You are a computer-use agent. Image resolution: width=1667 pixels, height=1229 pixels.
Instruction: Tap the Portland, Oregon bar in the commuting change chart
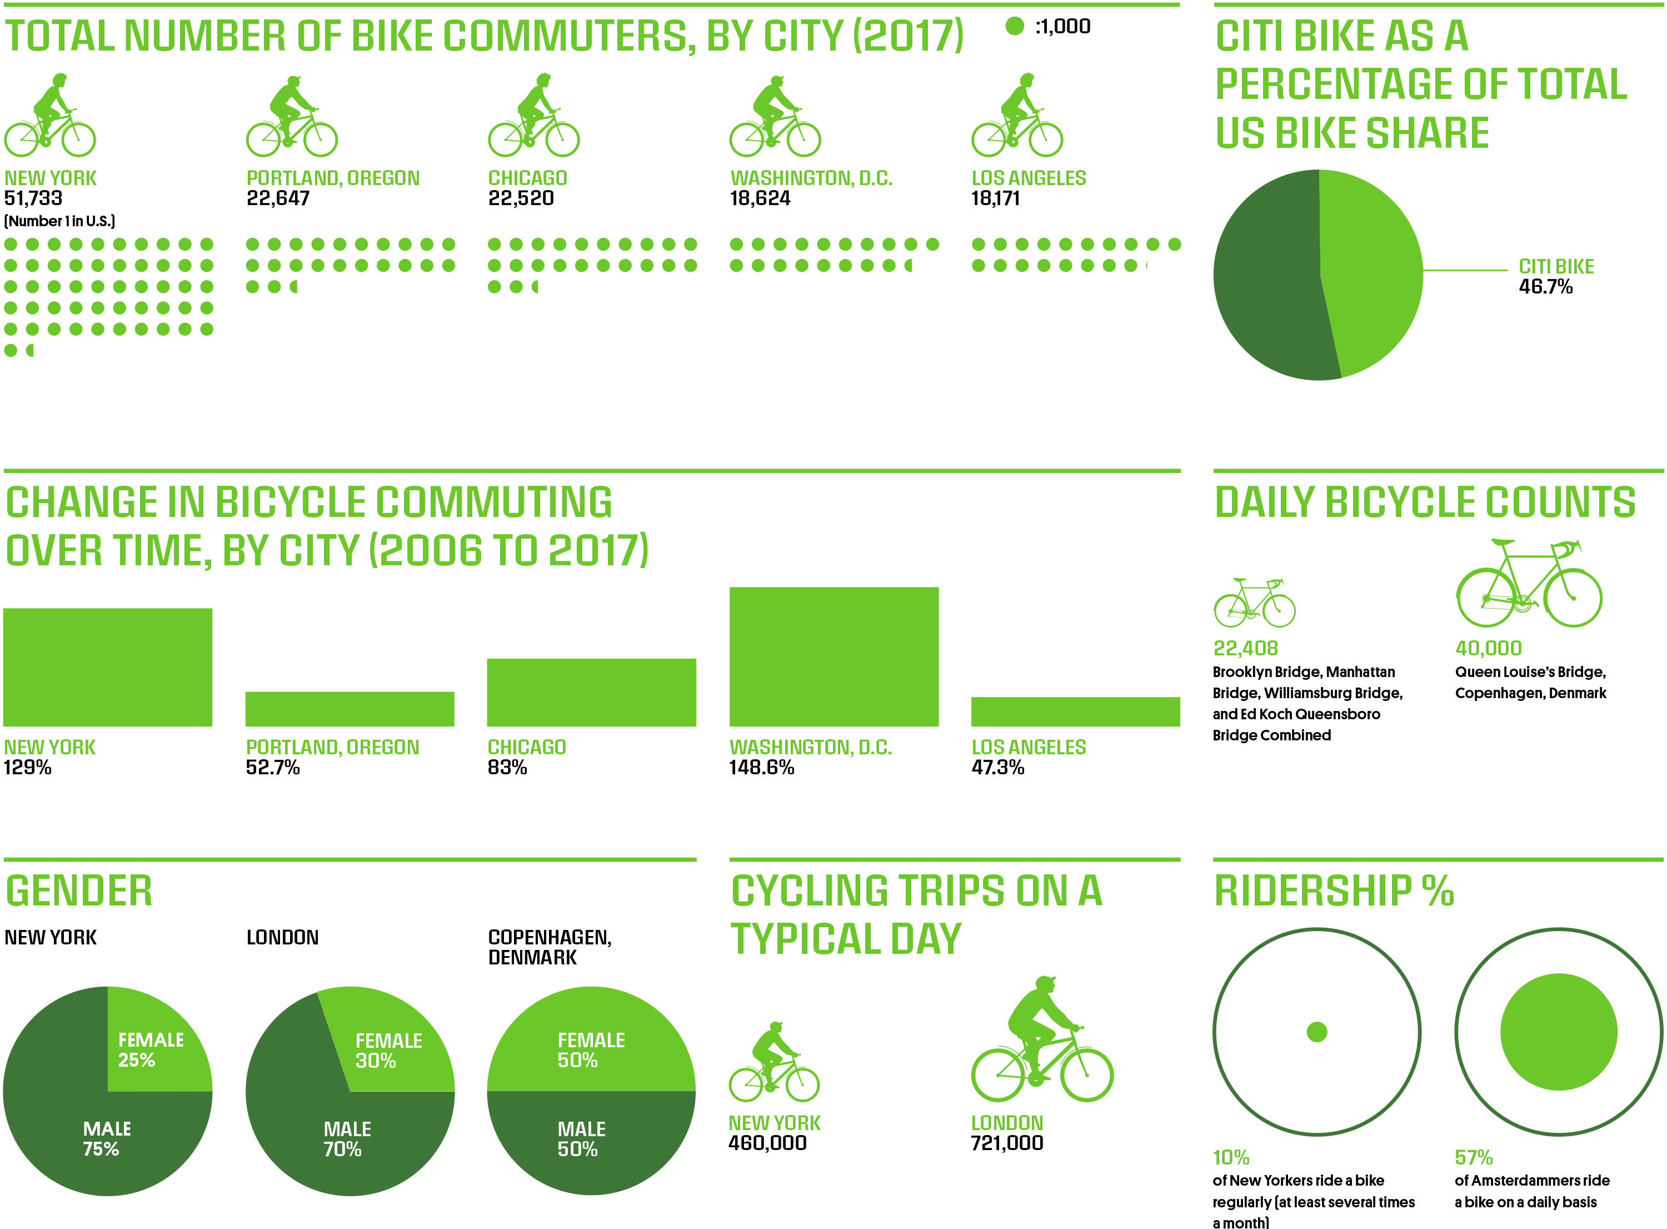coord(350,708)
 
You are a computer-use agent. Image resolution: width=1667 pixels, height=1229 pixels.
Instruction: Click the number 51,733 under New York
coord(33,198)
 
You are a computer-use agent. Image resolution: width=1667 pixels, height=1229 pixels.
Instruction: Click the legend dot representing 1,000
coord(1014,26)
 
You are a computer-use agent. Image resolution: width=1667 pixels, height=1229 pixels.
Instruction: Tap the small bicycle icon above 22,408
coord(1254,602)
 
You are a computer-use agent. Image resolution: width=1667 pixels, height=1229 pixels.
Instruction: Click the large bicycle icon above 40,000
coord(1529,584)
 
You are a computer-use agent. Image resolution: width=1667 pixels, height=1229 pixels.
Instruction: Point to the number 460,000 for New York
coord(767,1143)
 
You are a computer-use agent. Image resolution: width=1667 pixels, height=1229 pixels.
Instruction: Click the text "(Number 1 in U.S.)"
coord(59,221)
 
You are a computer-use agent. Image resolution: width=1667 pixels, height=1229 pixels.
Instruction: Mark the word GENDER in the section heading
coord(79,890)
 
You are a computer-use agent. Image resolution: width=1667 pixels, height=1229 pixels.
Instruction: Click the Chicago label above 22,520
coord(527,178)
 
